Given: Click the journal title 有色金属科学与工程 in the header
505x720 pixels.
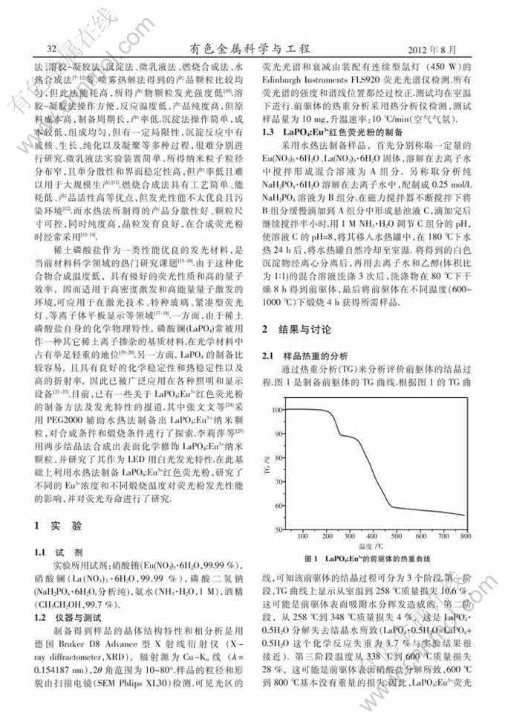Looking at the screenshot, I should click(252, 48).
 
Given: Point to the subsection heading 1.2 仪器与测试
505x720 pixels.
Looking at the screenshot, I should click(71, 617).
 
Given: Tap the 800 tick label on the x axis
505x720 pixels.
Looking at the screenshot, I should click(465, 536).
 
